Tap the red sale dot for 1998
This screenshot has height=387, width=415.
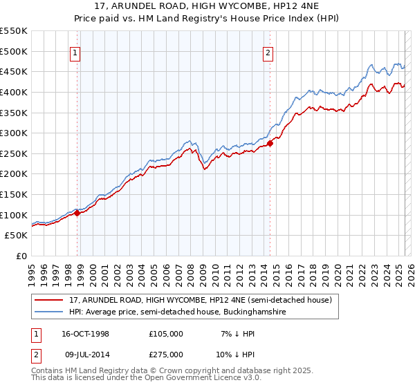tap(77, 213)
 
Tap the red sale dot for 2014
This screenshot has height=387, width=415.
tap(270, 143)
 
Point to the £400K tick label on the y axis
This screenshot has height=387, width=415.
tap(14, 92)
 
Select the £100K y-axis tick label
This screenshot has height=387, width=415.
tap(14, 215)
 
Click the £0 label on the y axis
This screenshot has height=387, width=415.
tap(22, 256)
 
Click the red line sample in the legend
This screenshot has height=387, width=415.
tap(49, 300)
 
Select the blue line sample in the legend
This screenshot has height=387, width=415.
tap(49, 312)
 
